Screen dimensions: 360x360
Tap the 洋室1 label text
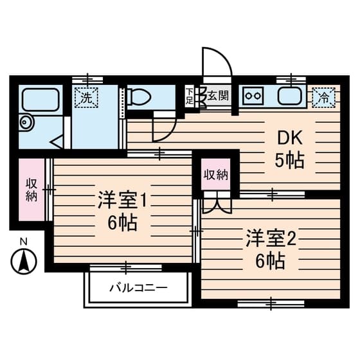coord(123,200)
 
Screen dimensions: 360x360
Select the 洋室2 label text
coord(270,239)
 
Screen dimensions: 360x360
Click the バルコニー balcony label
coord(138,287)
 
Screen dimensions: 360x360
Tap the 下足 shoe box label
coord(189,96)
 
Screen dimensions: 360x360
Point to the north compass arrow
coord(24,260)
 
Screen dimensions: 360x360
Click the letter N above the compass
coord(24,242)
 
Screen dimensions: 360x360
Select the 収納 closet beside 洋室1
coord(31,190)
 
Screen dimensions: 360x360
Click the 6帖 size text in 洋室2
coord(270,260)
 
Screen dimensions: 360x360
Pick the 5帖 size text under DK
coord(289,161)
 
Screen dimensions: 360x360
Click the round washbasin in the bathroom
coord(26,122)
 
